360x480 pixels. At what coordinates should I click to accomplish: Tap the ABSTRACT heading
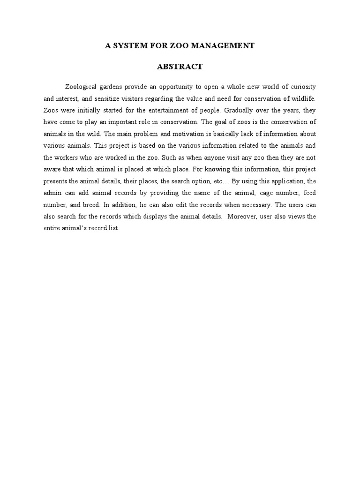pyautogui.click(x=180, y=67)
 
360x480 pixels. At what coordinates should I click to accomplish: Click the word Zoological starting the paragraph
pyautogui.click(x=82, y=87)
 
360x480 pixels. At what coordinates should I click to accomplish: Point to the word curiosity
pyautogui.click(x=300, y=87)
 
